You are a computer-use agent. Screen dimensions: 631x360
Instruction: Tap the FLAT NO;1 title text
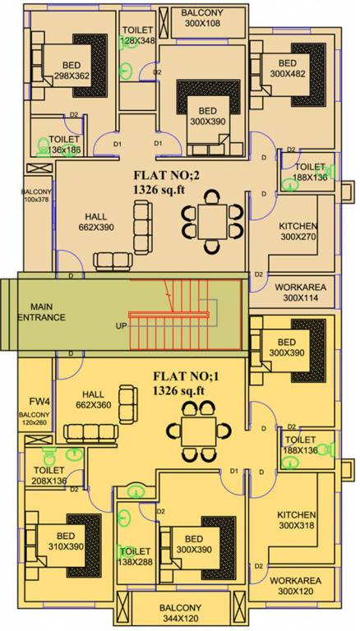click(190, 384)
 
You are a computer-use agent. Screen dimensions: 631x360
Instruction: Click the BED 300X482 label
click(288, 69)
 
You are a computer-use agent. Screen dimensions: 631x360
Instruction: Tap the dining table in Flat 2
click(212, 220)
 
